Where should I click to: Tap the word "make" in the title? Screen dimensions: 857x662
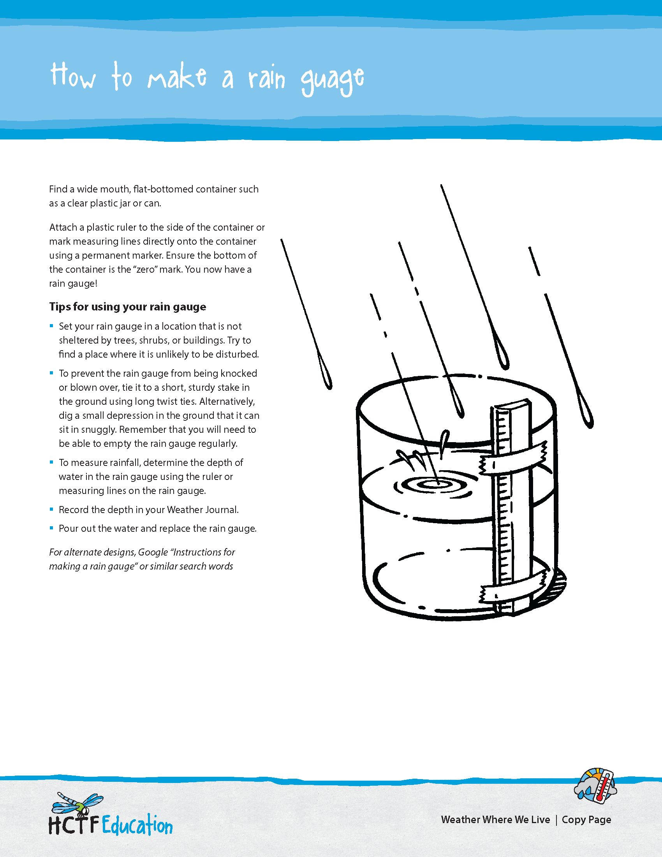tap(177, 77)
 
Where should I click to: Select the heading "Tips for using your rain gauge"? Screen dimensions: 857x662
tap(127, 307)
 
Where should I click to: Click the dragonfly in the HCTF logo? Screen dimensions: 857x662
tap(77, 803)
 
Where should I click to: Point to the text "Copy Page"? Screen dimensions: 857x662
tap(586, 820)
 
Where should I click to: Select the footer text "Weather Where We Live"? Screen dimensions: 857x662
tap(495, 820)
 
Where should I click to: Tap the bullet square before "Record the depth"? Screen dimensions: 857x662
tap(51, 510)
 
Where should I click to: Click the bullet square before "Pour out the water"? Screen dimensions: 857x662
tap(51, 528)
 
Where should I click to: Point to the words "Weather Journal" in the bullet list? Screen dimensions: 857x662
tap(202, 510)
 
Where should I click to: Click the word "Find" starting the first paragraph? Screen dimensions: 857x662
tap(58, 189)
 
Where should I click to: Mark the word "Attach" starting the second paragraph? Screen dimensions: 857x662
tap(63, 227)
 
